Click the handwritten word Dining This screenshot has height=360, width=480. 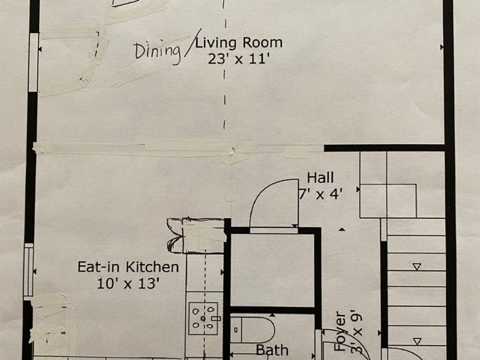(157, 52)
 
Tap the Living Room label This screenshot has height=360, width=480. (239, 43)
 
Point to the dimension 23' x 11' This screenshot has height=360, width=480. (239, 59)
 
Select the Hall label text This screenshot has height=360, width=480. (320, 178)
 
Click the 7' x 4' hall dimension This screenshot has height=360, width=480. (320, 194)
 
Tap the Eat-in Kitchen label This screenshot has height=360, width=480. (128, 267)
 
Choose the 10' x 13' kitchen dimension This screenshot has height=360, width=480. (128, 283)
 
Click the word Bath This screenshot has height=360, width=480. (272, 350)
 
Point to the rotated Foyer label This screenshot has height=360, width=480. (340, 331)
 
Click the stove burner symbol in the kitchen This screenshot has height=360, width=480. (203, 319)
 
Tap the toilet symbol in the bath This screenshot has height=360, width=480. (252, 330)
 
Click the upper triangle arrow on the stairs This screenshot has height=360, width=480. (416, 266)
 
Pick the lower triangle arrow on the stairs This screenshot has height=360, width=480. (416, 341)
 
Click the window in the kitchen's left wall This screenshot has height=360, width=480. (28, 270)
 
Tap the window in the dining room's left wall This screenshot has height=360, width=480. (34, 62)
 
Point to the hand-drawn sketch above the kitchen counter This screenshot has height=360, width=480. (196, 235)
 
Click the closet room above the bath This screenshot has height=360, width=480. (272, 270)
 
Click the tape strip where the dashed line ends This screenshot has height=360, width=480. (233, 152)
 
